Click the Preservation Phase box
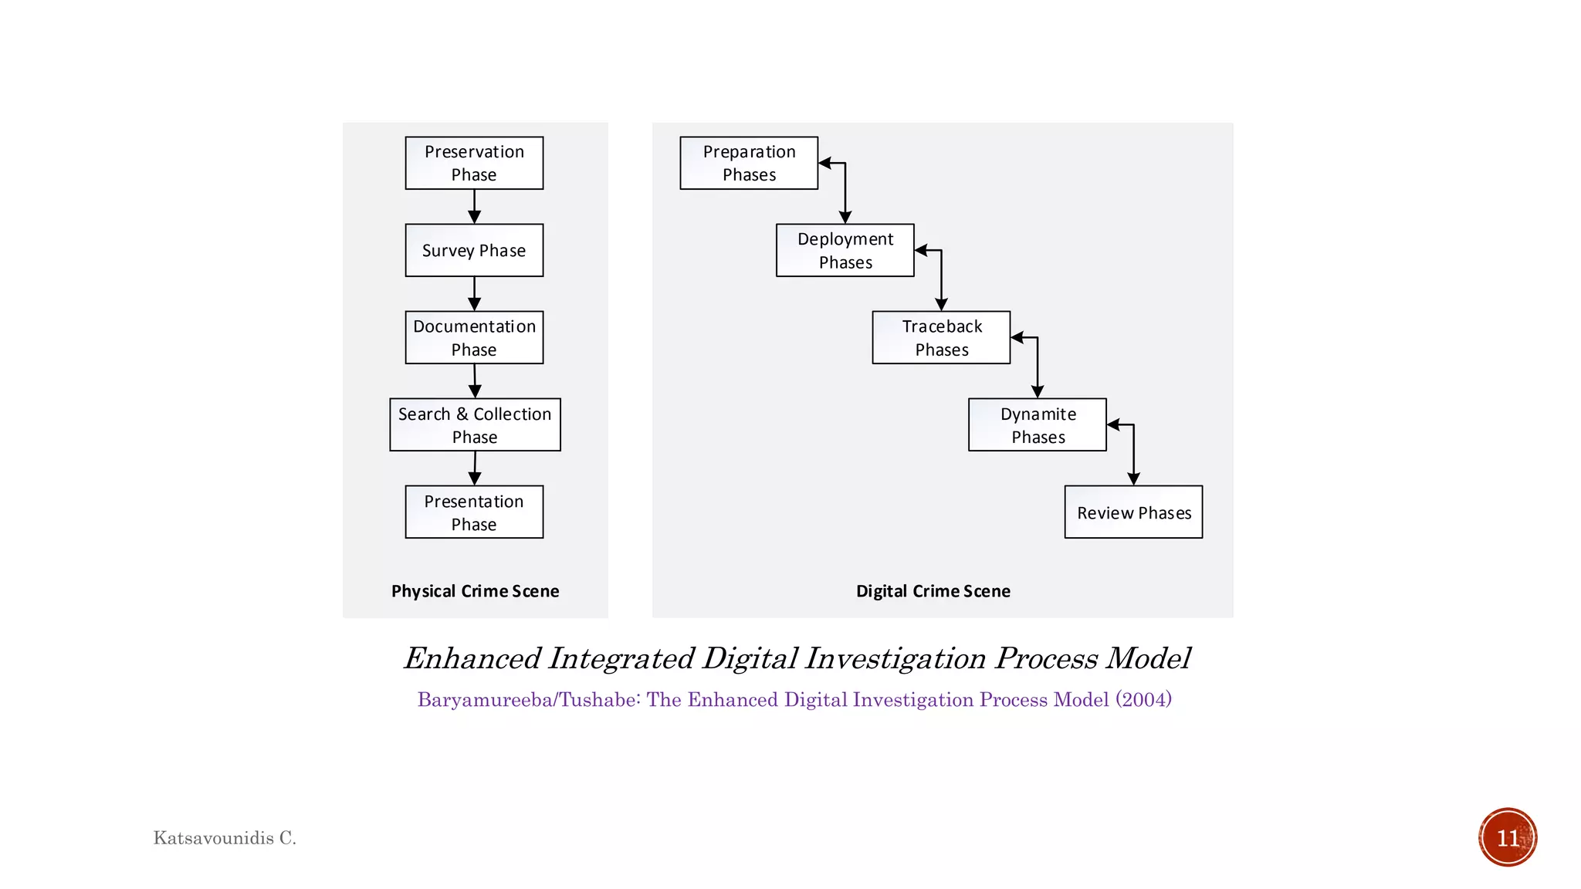(x=474, y=163)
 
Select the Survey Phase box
(x=474, y=250)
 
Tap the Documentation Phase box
(x=474, y=337)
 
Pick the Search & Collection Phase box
(x=475, y=424)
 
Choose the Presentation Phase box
(x=474, y=512)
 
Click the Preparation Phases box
(x=748, y=163)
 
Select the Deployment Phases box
(x=845, y=250)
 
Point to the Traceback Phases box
(x=941, y=337)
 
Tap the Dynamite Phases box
(x=1037, y=424)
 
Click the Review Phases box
(x=1133, y=512)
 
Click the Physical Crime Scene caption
(x=475, y=591)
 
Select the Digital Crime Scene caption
(x=933, y=591)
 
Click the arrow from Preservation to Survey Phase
(x=474, y=207)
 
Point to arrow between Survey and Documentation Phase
(x=474, y=294)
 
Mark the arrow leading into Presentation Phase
(x=475, y=468)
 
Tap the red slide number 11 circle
(x=1507, y=837)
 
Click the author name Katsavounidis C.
(x=225, y=838)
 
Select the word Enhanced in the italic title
(x=472, y=658)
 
